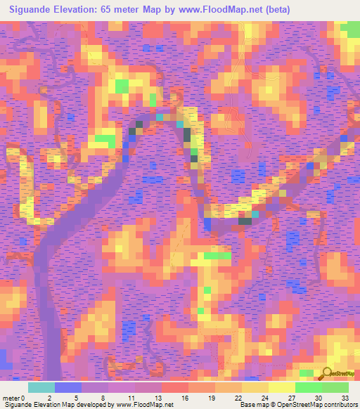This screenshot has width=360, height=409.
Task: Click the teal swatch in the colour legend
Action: coord(41,387)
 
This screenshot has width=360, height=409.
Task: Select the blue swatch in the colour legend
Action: coord(67,387)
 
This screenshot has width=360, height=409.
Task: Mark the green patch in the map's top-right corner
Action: coord(350,30)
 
